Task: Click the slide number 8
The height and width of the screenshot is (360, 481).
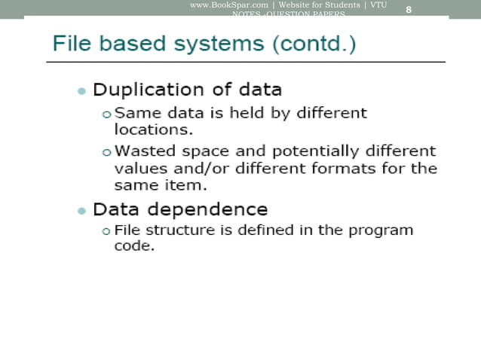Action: [409, 9]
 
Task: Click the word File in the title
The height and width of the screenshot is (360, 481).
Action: [69, 43]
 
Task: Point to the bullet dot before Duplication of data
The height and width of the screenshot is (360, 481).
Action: [81, 92]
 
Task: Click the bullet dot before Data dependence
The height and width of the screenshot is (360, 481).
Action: [81, 210]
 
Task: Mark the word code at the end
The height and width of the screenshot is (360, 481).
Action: [133, 247]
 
